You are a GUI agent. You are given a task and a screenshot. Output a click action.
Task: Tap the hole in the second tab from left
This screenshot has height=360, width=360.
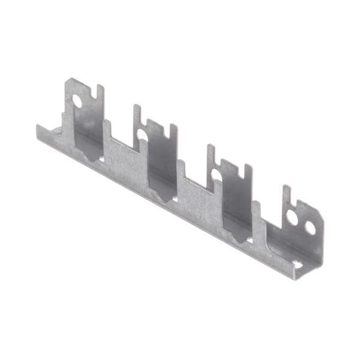[x=143, y=136]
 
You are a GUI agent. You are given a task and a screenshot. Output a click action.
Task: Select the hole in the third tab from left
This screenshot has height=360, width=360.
[x=217, y=175]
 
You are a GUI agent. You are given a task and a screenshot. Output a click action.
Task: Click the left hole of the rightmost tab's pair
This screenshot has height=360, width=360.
[x=292, y=217]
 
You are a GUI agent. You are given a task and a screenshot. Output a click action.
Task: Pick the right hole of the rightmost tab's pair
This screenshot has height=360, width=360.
[x=310, y=228]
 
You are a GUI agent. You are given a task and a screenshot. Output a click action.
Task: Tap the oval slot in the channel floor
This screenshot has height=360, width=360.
[x=298, y=263]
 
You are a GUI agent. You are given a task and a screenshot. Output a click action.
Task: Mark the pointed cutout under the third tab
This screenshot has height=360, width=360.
[x=238, y=238]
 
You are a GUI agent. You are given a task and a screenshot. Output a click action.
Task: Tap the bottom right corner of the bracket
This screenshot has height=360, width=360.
[x=296, y=278]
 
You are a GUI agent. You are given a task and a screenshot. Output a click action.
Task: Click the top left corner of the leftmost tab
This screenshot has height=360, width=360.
[x=68, y=80]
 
